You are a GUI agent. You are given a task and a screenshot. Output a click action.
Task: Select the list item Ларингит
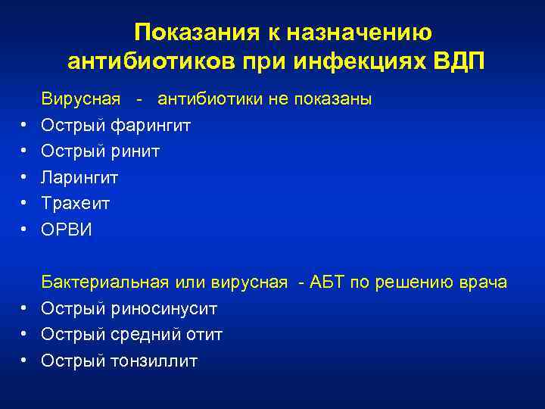[79, 177]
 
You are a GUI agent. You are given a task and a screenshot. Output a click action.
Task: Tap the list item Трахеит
[76, 203]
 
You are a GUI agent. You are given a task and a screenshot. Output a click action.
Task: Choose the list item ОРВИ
[67, 229]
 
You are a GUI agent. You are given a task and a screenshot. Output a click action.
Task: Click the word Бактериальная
[103, 283]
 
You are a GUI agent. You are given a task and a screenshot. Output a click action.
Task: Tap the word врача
[482, 283]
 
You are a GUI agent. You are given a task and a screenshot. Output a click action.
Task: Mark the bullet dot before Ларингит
[24, 177]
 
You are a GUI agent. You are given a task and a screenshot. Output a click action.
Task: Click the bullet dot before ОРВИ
[24, 229]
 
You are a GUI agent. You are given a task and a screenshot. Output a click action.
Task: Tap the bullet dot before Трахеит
[24, 203]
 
